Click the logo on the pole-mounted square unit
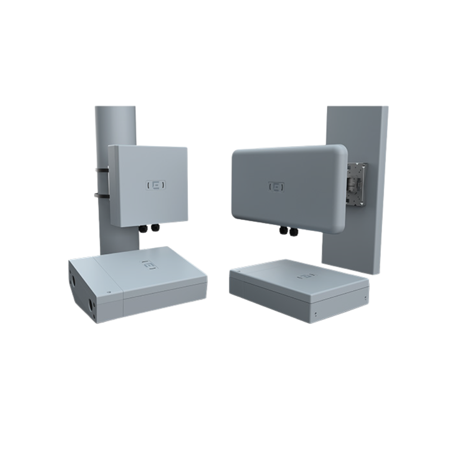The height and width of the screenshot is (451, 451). click(156, 185)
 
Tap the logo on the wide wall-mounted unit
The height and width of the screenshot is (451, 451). click(276, 187)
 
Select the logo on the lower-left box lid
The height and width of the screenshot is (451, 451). click(150, 265)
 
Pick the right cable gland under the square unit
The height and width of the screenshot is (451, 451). click(155, 228)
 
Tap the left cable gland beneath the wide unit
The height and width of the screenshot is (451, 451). click(284, 230)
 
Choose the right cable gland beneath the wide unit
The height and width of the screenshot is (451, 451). click(293, 231)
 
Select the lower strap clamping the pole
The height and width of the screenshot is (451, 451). click(101, 195)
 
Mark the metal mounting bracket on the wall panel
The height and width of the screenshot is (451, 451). click(357, 184)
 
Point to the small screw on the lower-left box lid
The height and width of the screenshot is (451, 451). click(109, 292)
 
